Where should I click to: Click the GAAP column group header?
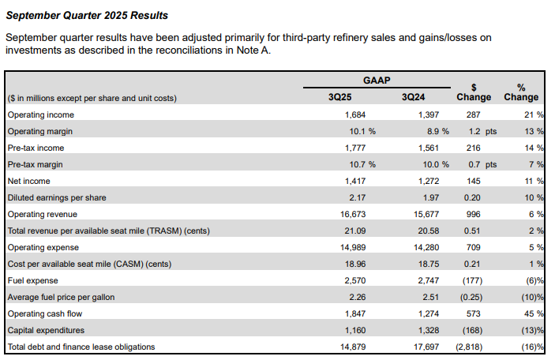coord(377,81)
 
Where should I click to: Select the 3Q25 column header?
coord(340,97)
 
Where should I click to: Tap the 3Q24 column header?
coord(413,97)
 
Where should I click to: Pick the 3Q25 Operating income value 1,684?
coord(355,114)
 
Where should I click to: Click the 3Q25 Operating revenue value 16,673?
coord(353,214)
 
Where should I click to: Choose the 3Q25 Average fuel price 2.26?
coord(358,297)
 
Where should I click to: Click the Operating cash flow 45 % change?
coord(534,313)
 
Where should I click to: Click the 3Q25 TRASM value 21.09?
coord(355,231)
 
